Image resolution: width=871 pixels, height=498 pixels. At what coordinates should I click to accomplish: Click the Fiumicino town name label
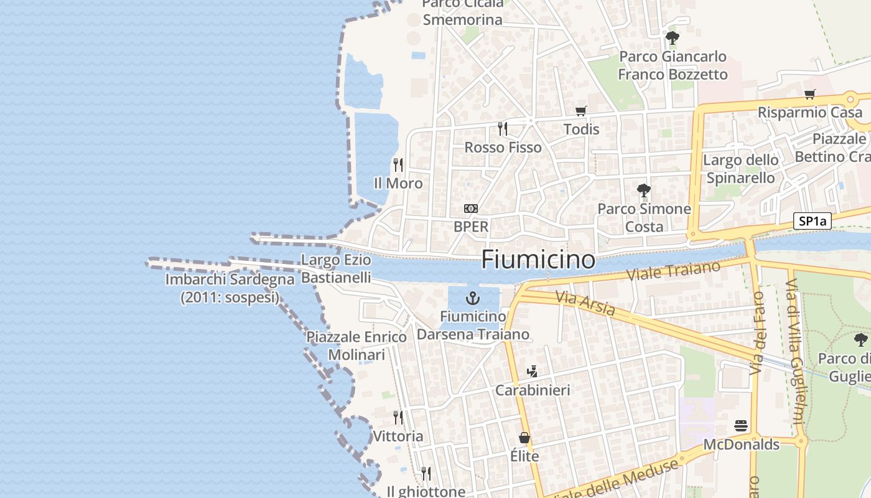(538, 259)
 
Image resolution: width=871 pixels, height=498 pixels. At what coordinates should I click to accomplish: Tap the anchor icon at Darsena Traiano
(473, 298)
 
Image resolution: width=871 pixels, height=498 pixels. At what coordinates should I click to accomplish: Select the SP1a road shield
(813, 221)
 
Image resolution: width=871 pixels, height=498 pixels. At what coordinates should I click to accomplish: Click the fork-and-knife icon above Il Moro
(398, 165)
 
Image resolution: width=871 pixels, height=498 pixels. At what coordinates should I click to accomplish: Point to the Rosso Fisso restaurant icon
(503, 129)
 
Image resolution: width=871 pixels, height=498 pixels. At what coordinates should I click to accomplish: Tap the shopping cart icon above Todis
(581, 111)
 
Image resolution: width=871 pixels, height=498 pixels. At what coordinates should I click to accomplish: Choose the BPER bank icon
(471, 208)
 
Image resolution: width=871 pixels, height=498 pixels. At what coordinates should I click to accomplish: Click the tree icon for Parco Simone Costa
(644, 190)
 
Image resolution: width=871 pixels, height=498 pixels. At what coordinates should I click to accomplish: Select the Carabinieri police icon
(532, 372)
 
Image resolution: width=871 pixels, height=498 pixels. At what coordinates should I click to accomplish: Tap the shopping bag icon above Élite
(524, 438)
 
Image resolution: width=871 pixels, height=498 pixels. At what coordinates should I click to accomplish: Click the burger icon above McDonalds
(741, 426)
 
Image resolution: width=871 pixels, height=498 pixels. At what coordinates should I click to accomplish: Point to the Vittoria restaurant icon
(398, 417)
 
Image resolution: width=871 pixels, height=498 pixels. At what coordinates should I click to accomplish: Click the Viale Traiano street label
(673, 271)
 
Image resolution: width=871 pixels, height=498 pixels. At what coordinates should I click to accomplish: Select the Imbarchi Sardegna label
(230, 288)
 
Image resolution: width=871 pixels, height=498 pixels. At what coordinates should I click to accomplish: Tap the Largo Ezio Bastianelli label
(336, 268)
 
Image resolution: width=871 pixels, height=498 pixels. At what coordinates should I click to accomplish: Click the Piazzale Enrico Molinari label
(356, 345)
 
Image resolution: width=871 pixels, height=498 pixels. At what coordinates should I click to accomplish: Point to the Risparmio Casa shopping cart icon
(809, 95)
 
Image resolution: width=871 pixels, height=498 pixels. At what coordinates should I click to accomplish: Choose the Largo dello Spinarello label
(740, 169)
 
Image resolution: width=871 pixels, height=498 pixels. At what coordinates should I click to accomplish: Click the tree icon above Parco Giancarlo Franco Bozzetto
(672, 38)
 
